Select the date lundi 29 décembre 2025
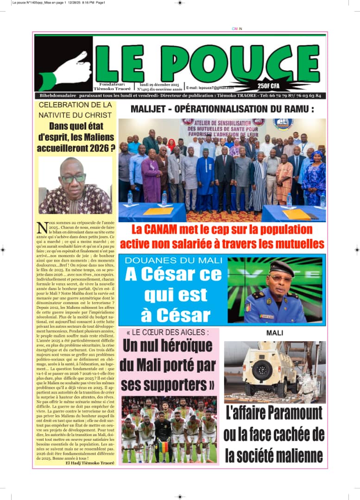tap(159, 85)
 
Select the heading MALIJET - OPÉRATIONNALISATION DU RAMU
tap(222, 109)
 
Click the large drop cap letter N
tap(42, 228)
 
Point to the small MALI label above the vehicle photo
tap(275, 333)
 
